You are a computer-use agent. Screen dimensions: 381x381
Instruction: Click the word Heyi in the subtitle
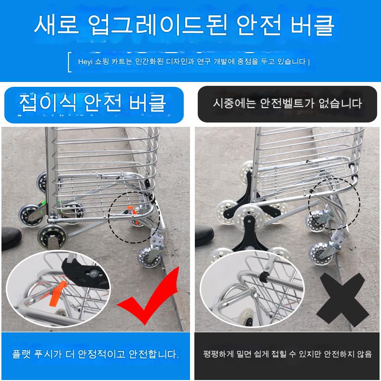point(85,62)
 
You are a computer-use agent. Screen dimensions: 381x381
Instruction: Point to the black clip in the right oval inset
point(264,277)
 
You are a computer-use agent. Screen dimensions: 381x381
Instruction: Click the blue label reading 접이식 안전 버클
point(94,105)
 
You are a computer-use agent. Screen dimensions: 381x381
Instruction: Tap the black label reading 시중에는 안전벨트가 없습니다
point(287,104)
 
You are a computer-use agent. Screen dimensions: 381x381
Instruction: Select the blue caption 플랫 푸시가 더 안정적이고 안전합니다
point(95,354)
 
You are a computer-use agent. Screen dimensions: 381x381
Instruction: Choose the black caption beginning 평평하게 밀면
point(287,354)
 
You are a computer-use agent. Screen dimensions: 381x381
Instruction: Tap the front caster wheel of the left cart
point(148,257)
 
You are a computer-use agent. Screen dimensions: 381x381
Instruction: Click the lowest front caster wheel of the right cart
point(320,254)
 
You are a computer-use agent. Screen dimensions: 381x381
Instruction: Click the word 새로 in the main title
point(56,25)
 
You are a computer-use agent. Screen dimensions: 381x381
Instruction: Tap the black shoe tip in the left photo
point(11,238)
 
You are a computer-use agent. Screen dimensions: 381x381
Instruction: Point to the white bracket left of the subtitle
point(69,62)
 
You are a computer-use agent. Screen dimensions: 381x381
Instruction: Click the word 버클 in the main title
point(313,25)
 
